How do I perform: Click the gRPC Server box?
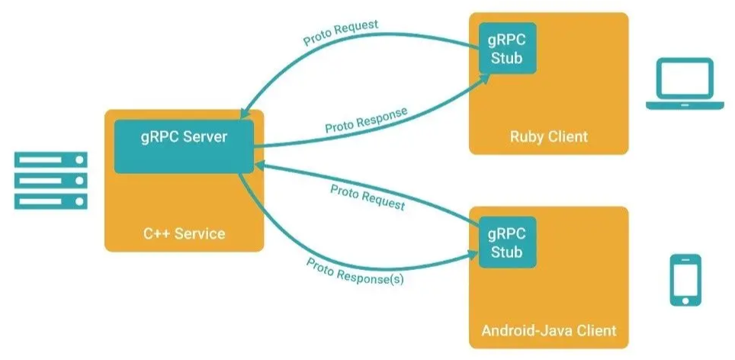pos(183,146)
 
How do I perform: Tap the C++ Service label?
pos(185,233)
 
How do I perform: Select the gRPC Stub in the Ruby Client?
pos(507,47)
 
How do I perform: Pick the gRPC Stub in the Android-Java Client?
pos(507,241)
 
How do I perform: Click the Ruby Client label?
pos(549,137)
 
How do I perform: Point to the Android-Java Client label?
pos(549,332)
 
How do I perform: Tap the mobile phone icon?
pos(685,280)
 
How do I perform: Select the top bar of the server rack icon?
pos(50,159)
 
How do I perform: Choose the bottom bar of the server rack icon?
pos(50,201)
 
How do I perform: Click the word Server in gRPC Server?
pos(205,137)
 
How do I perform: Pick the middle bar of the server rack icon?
pos(50,181)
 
